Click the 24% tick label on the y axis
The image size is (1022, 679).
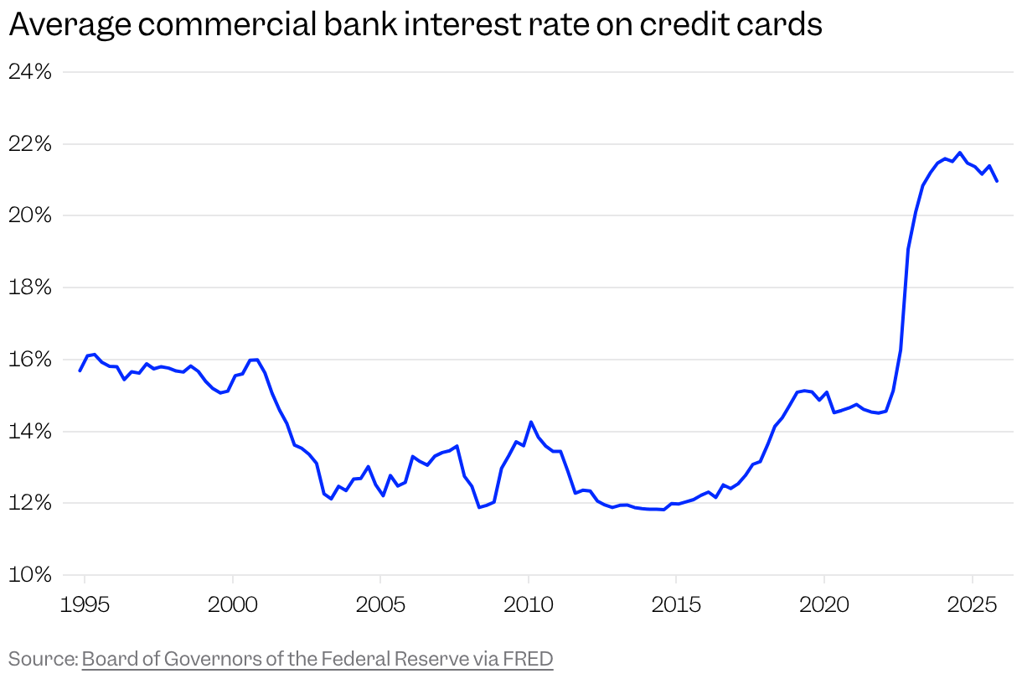point(30,72)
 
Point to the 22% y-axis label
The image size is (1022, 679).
point(30,144)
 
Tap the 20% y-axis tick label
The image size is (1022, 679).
point(30,215)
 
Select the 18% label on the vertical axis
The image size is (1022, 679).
point(30,288)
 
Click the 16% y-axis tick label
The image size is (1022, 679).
point(30,360)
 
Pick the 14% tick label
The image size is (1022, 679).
point(30,432)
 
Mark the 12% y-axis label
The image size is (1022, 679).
point(30,503)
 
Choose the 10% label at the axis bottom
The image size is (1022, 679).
point(30,575)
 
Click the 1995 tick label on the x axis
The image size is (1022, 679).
point(85,605)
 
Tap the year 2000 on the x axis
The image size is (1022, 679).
point(232,605)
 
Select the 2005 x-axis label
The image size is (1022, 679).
point(380,605)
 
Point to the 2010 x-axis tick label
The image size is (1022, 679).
point(528,605)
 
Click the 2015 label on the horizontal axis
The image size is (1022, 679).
point(675,605)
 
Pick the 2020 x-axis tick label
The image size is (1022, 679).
point(823,605)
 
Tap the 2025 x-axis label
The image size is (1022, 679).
point(972,605)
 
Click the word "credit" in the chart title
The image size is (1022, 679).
point(678,25)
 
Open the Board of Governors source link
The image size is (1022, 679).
point(317,659)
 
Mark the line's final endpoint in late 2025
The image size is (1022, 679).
point(997,181)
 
